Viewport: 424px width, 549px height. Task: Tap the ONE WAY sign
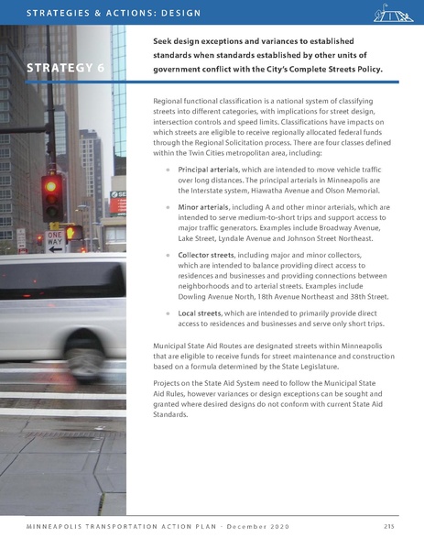56,241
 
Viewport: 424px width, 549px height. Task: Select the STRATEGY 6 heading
63,70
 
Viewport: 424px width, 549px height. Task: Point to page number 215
390,526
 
